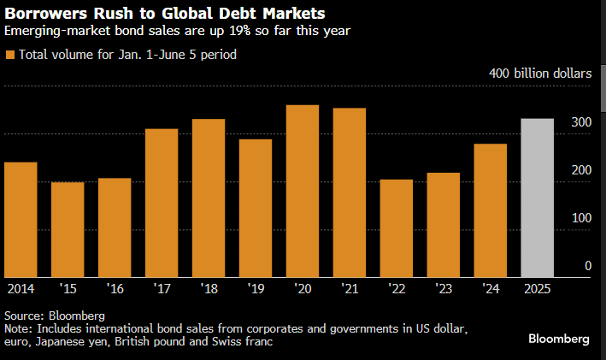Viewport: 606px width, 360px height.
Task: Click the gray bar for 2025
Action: [538, 198]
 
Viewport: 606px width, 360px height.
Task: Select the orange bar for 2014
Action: [21, 219]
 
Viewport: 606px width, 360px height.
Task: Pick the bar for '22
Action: [397, 228]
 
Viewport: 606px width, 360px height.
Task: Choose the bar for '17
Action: [162, 203]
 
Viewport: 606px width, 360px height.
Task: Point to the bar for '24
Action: [491, 210]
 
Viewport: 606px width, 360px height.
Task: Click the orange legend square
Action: [9, 55]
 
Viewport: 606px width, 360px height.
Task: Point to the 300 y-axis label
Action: [581, 123]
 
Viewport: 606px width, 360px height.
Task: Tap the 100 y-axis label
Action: [581, 218]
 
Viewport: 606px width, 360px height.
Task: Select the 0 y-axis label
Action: [587, 266]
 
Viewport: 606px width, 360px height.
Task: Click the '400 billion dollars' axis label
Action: [539, 74]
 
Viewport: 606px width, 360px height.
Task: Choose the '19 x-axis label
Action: [256, 288]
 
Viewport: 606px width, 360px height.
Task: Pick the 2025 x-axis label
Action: [538, 288]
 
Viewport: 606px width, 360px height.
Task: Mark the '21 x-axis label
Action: [350, 288]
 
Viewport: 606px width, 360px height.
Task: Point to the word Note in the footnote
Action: [19, 328]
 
